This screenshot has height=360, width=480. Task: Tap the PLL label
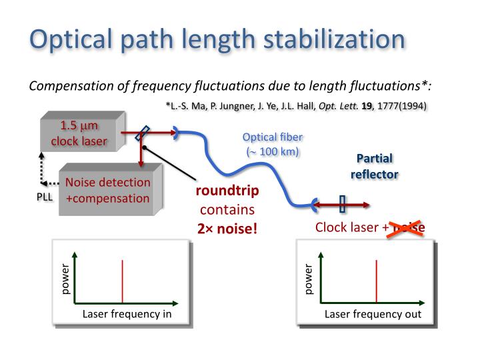click(43, 198)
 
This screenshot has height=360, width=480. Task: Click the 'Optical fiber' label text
click(272, 137)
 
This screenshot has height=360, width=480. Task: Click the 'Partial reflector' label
click(374, 166)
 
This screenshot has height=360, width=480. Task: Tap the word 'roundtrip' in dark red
click(227, 191)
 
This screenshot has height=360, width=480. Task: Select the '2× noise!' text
click(227, 229)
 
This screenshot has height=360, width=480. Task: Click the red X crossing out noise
click(409, 227)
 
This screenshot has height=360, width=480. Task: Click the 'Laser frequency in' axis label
click(127, 315)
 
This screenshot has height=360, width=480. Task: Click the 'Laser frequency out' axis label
click(373, 315)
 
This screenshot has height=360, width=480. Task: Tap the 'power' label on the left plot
click(65, 280)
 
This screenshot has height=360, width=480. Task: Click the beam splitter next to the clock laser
click(141, 133)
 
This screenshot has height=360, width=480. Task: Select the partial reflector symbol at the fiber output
click(343, 203)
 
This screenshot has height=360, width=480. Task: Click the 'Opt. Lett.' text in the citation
click(336, 107)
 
